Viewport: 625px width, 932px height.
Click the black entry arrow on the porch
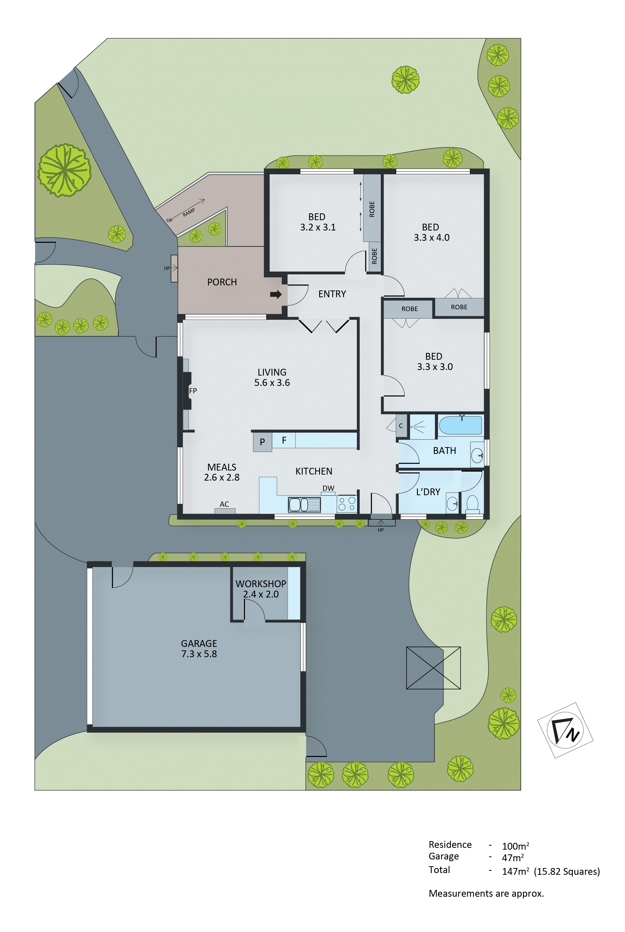[x=275, y=294]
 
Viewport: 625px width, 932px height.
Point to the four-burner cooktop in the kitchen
[x=347, y=504]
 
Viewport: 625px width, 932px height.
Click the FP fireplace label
[x=193, y=391]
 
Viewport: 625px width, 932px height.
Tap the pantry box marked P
[x=262, y=442]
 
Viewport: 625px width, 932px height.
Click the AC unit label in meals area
[x=224, y=504]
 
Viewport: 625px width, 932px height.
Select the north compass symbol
[x=565, y=730]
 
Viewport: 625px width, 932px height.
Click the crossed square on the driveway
[x=433, y=668]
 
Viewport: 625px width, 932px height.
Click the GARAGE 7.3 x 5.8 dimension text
[x=199, y=654]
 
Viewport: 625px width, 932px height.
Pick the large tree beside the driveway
[x=65, y=170]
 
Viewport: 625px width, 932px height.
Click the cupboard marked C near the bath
[x=401, y=426]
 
